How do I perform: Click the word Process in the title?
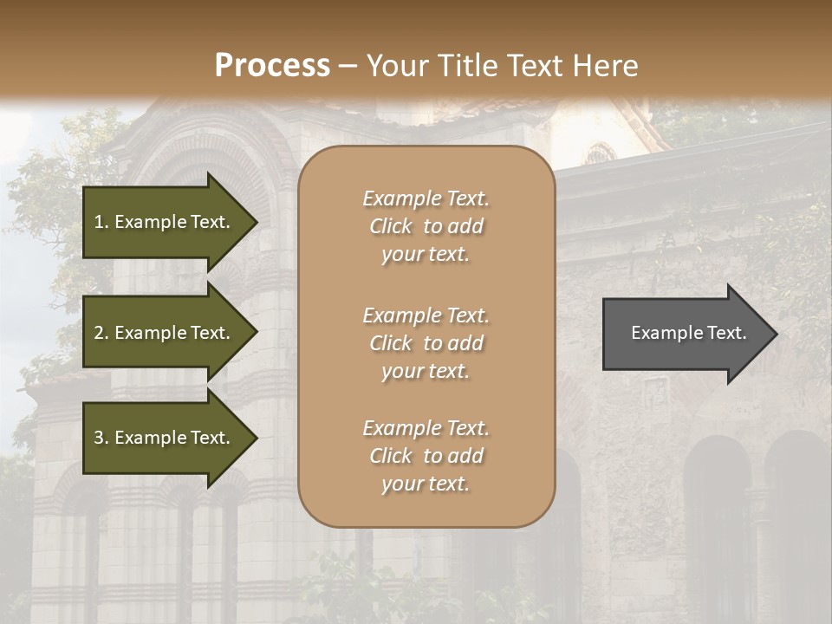[x=272, y=66]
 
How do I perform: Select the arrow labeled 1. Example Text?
[x=165, y=222]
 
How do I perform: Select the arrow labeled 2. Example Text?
[x=165, y=333]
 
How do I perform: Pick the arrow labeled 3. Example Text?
[x=165, y=438]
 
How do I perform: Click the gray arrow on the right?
[x=685, y=334]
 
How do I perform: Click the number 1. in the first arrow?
[x=101, y=222]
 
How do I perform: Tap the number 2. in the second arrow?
[x=101, y=333]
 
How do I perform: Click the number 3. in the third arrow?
[x=101, y=438]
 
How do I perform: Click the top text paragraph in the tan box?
[x=426, y=226]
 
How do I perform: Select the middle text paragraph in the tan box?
[x=426, y=343]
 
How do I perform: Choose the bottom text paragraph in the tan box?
[x=426, y=456]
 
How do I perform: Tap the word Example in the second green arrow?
[x=151, y=333]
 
